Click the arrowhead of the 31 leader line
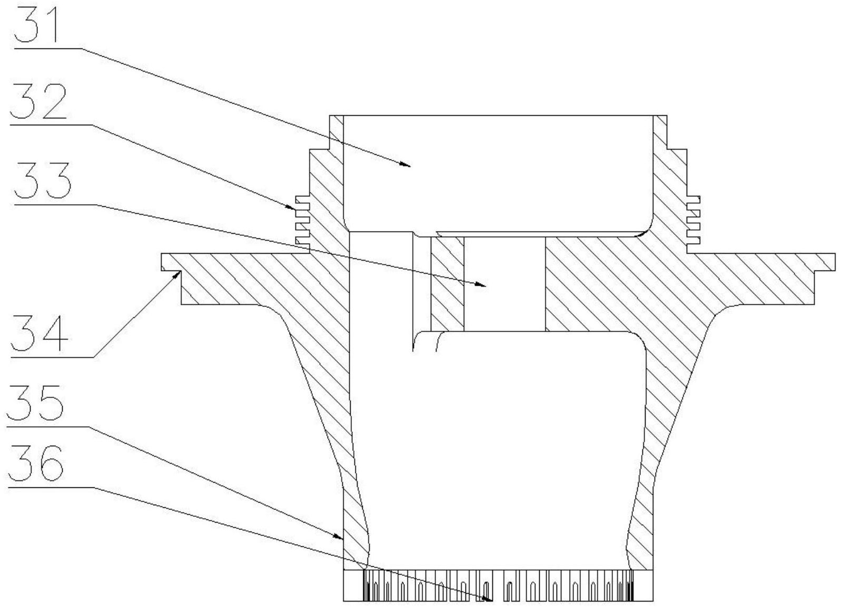(x=409, y=165)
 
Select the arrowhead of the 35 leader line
(x=342, y=538)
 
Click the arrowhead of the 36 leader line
(x=491, y=599)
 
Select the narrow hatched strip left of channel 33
(x=447, y=284)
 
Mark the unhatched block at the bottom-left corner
(x=353, y=585)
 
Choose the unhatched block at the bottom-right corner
(x=643, y=585)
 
